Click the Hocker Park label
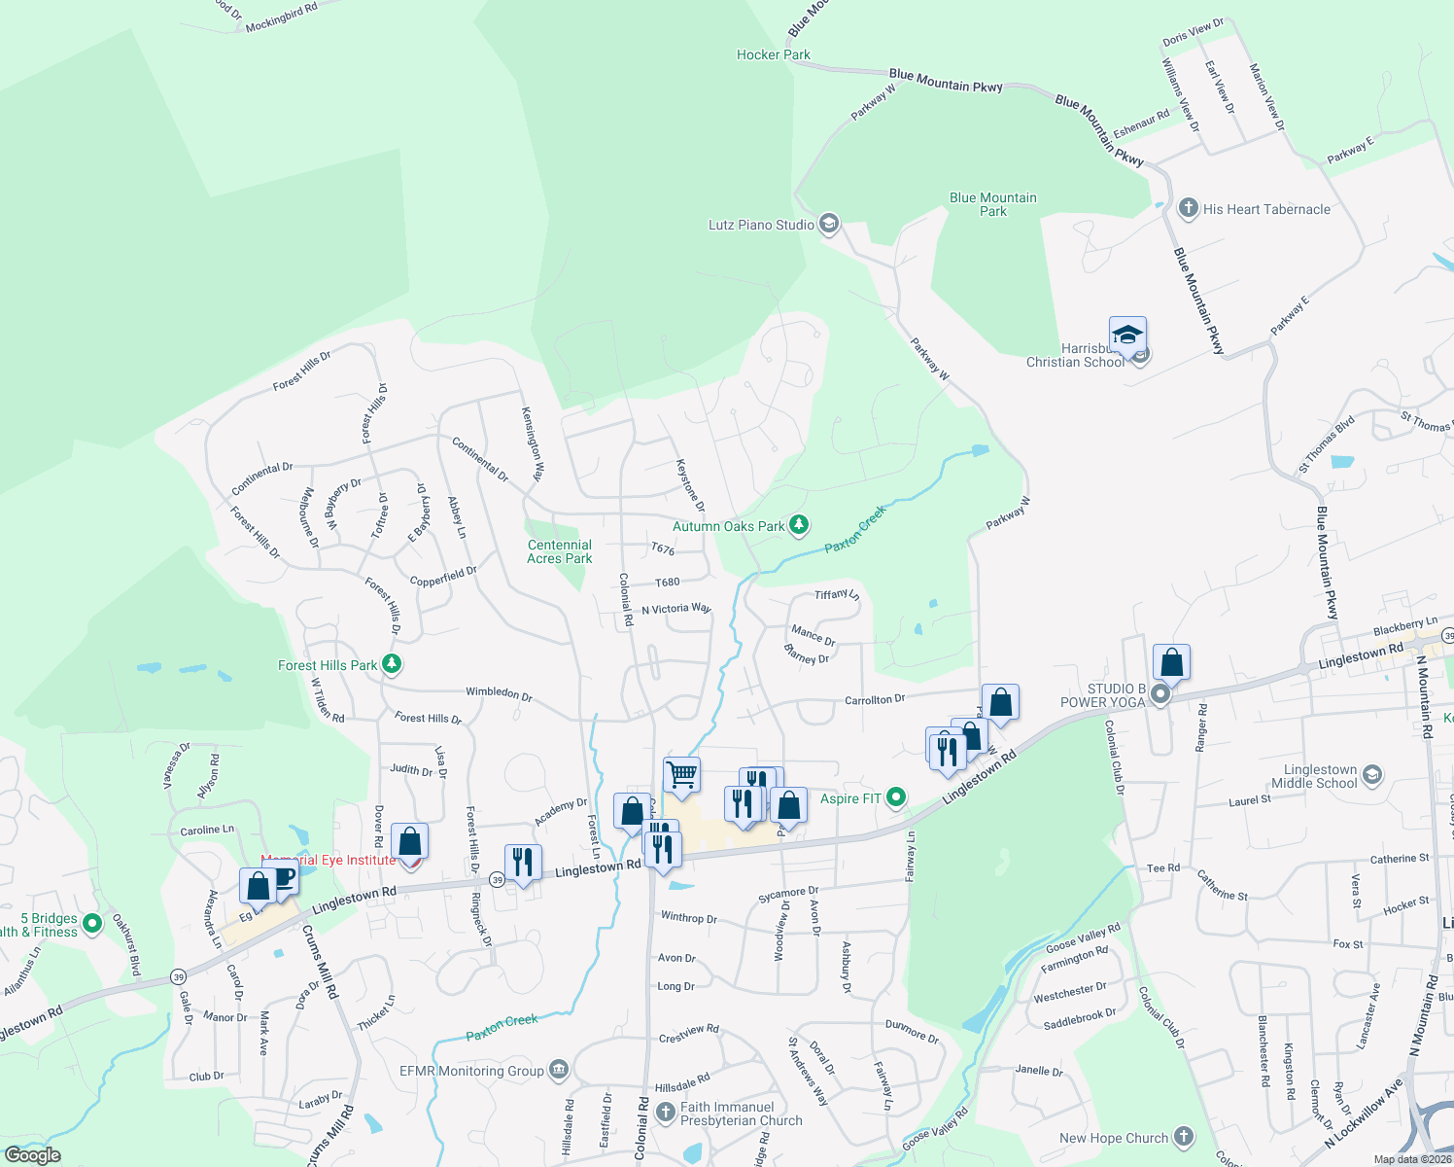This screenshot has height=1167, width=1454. click(773, 55)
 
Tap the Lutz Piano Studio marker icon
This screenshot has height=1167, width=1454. click(828, 225)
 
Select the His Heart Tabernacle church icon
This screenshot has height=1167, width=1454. click(1188, 208)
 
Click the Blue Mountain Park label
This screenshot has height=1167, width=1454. click(992, 204)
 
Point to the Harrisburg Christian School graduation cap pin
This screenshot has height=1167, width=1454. click(1127, 336)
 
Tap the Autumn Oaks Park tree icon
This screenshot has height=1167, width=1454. click(799, 525)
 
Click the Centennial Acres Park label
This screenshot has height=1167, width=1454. click(559, 551)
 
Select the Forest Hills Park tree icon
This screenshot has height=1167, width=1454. click(392, 664)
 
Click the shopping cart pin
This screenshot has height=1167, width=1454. click(681, 775)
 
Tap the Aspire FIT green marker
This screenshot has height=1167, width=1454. click(896, 798)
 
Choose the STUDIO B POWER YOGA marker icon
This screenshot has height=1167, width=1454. click(1160, 694)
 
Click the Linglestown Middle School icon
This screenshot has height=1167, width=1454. click(1371, 775)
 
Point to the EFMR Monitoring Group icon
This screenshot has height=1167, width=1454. click(558, 1071)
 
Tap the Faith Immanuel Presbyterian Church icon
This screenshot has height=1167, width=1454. click(665, 1112)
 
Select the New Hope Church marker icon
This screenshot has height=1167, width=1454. click(1183, 1137)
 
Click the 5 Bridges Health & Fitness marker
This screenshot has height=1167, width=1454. click(92, 923)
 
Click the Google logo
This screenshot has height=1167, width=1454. click(32, 1155)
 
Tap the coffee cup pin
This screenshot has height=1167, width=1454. click(283, 877)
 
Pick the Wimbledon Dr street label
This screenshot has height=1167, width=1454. click(499, 693)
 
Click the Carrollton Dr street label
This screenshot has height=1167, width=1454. click(874, 700)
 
